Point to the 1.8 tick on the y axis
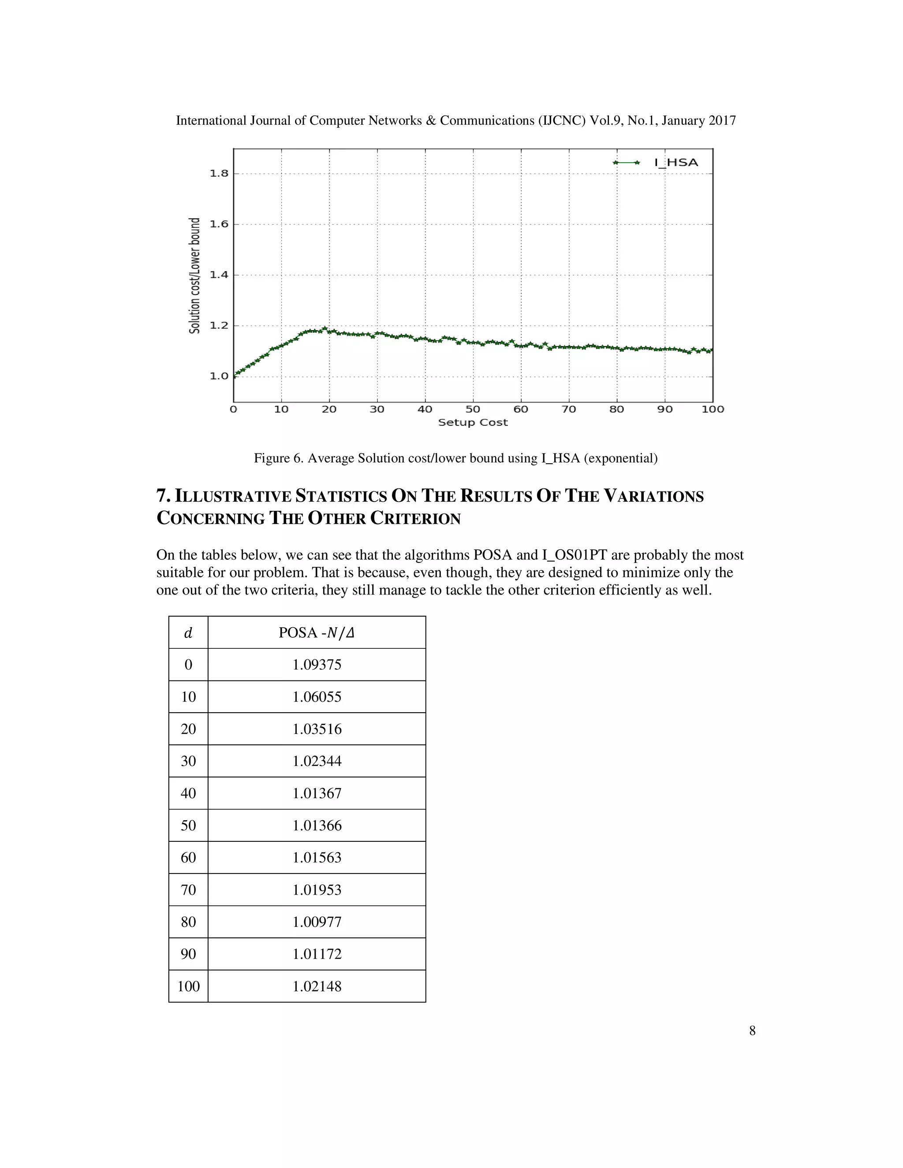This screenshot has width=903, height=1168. (219, 173)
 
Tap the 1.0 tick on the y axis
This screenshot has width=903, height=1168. (219, 376)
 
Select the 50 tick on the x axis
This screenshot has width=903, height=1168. (473, 409)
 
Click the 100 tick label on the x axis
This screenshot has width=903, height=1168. (713, 409)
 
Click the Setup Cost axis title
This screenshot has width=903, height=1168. (473, 423)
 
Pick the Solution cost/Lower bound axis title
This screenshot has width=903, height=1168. (195, 275)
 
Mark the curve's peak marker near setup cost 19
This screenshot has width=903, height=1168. (325, 328)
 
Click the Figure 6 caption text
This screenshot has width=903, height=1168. (455, 458)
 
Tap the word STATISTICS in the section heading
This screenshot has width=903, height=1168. (341, 496)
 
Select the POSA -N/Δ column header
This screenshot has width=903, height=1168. (317, 632)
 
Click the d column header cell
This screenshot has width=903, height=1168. (188, 632)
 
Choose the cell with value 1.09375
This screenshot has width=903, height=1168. (317, 665)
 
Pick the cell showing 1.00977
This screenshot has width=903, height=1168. (317, 922)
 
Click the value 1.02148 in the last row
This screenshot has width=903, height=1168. (317, 986)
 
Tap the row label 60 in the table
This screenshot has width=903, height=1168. (188, 858)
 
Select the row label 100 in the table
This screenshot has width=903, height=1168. (188, 986)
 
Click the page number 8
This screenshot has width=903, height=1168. (752, 1031)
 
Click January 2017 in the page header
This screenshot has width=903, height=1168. (699, 121)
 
